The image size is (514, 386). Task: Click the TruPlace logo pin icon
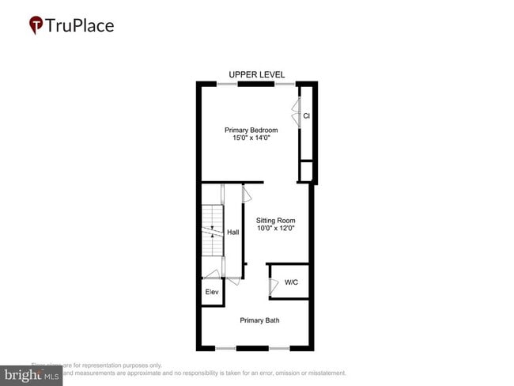coord(36,25)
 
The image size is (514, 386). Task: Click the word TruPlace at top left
coord(79,25)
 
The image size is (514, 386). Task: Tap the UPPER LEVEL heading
coord(256,74)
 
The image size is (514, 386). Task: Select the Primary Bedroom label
coord(251,130)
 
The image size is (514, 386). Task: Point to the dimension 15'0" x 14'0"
coord(251,138)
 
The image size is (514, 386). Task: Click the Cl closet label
coord(306,116)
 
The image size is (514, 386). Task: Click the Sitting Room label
coord(275,221)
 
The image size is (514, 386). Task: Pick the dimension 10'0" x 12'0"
coord(275,229)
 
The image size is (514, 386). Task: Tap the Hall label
coord(233,233)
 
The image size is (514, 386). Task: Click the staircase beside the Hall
coord(212,229)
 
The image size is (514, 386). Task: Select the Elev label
coord(212,293)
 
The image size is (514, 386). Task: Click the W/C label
coord(291,282)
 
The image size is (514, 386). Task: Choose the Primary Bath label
coord(259,320)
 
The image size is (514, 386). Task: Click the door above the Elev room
coord(212,274)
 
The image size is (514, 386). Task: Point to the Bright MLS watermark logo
coord(32,375)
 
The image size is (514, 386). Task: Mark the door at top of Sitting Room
coord(247,192)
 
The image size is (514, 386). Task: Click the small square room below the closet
coord(306,172)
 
